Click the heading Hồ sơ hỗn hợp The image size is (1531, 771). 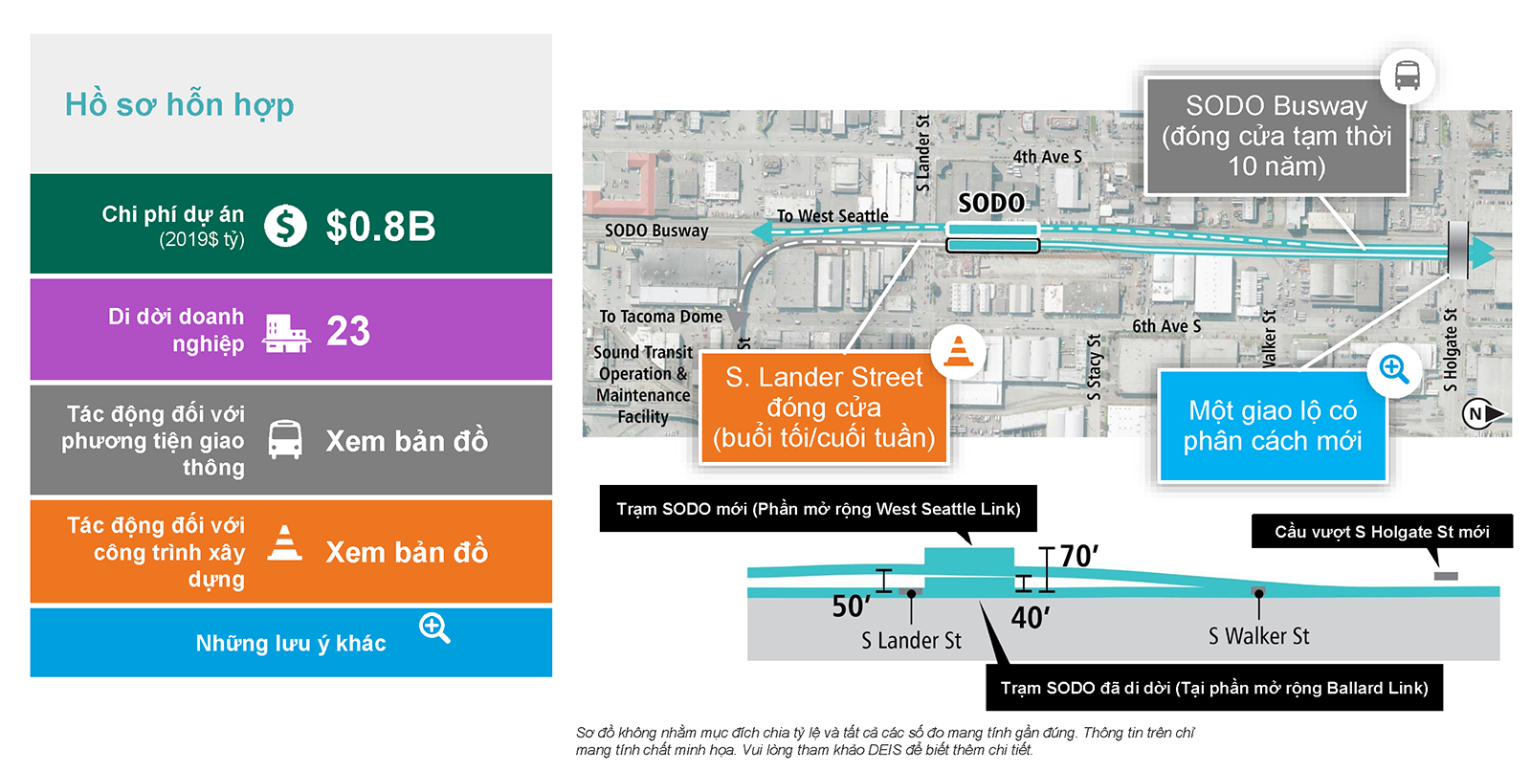pyautogui.click(x=179, y=105)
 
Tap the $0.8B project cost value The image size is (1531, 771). pyautogui.click(x=380, y=227)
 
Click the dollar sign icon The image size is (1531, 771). pyautogui.click(x=285, y=226)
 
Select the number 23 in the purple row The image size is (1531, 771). pyautogui.click(x=348, y=331)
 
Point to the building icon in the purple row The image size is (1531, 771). pyautogui.click(x=286, y=334)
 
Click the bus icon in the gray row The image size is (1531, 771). pyautogui.click(x=285, y=439)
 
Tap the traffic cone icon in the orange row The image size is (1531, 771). pyautogui.click(x=284, y=543)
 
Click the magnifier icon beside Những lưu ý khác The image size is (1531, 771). pyautogui.click(x=434, y=628)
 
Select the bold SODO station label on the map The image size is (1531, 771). pyautogui.click(x=991, y=203)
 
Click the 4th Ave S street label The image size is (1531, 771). pyautogui.click(x=1047, y=157)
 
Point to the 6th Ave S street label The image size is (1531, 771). pyautogui.click(x=1166, y=326)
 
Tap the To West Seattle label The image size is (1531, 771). pyautogui.click(x=832, y=216)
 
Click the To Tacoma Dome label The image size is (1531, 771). pyautogui.click(x=661, y=317)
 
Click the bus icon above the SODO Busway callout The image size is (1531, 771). pyautogui.click(x=1407, y=76)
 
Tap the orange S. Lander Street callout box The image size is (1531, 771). pyautogui.click(x=824, y=408)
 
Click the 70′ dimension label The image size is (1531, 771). pyautogui.click(x=1079, y=557)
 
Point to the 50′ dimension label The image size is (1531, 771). pyautogui.click(x=851, y=606)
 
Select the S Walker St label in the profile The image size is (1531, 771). pyautogui.click(x=1259, y=636)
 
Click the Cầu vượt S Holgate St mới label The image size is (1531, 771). pyautogui.click(x=1382, y=532)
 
